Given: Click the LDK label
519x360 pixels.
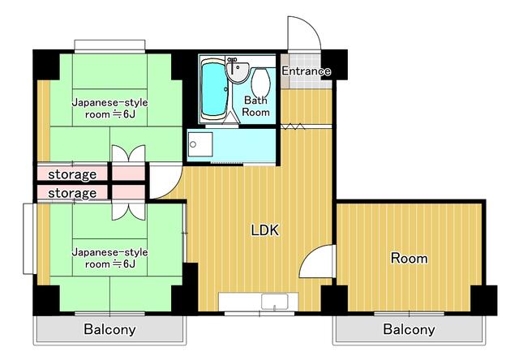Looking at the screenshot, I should click(264, 230).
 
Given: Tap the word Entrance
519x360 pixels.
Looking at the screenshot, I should click(306, 71).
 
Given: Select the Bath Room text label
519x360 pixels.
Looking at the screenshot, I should click(256, 106).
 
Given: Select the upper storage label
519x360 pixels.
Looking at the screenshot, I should click(72, 174).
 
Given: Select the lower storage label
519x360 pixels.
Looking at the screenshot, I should click(72, 193).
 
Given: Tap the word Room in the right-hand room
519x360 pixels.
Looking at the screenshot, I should click(409, 259).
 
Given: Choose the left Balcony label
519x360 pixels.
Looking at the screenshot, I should click(109, 330).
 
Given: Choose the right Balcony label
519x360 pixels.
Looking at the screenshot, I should click(409, 330).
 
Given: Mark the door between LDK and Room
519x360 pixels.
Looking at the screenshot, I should click(318, 264).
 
